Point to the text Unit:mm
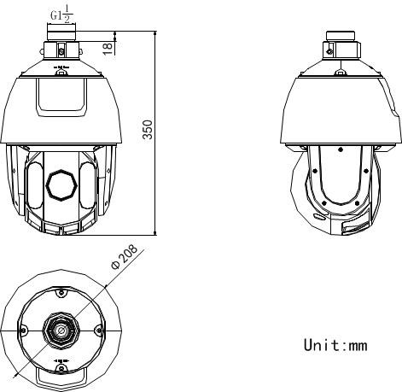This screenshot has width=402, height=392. pyautogui.click(x=335, y=346)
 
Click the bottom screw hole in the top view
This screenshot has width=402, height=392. pyautogui.click(x=61, y=366)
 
